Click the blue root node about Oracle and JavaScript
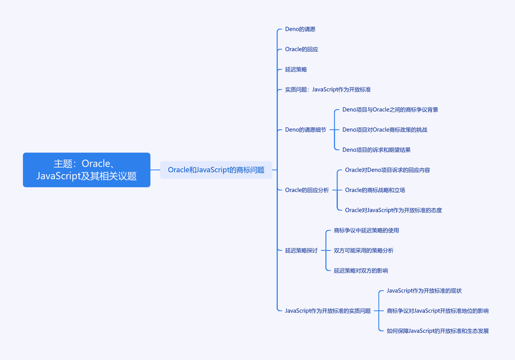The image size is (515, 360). (x=87, y=170)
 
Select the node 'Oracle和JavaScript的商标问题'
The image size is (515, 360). (x=216, y=170)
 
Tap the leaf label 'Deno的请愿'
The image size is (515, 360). (x=300, y=29)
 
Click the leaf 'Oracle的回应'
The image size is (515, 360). (x=301, y=49)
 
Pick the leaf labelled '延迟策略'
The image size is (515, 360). (x=296, y=69)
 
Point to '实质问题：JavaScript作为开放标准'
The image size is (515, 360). (x=328, y=90)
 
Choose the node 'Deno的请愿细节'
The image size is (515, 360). (x=306, y=130)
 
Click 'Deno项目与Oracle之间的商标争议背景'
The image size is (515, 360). (x=390, y=110)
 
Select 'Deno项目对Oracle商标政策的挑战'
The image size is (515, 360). (x=385, y=130)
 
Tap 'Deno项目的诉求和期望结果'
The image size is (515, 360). (x=376, y=150)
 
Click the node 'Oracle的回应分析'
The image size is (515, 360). (x=307, y=190)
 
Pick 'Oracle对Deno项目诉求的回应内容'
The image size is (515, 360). (x=387, y=170)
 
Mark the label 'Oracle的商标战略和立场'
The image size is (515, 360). (x=375, y=190)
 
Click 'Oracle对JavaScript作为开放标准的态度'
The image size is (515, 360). (x=393, y=210)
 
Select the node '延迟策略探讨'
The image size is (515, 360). (x=301, y=251)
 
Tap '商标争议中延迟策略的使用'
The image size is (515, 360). (x=366, y=231)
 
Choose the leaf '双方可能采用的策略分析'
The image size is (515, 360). (x=363, y=251)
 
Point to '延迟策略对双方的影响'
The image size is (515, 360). (x=360, y=271)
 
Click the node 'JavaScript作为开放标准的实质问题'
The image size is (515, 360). (x=328, y=311)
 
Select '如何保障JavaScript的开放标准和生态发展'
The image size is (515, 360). (x=437, y=331)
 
